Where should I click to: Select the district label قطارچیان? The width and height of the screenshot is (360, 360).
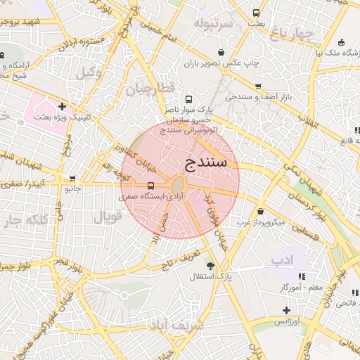[x=149, y=89]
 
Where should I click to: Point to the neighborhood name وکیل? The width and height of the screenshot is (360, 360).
[x=89, y=72]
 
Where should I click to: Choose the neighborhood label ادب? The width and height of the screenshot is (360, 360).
[x=281, y=259]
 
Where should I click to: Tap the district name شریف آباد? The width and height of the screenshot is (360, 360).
[x=176, y=325]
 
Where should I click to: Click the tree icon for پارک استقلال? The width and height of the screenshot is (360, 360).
[x=210, y=265]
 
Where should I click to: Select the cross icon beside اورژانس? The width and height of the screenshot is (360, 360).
[x=286, y=310]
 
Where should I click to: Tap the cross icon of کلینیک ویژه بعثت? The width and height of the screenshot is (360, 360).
[x=63, y=107]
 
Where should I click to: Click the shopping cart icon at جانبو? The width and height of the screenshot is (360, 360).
[x=73, y=179]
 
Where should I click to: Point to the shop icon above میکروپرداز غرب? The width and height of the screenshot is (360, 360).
[x=261, y=211]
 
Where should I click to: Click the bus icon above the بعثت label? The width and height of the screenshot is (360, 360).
[x=256, y=13]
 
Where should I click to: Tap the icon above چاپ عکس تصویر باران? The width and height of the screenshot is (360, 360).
[x=221, y=51]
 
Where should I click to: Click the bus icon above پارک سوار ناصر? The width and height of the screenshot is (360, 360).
[x=188, y=99]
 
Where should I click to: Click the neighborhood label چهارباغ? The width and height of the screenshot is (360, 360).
[x=294, y=33]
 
